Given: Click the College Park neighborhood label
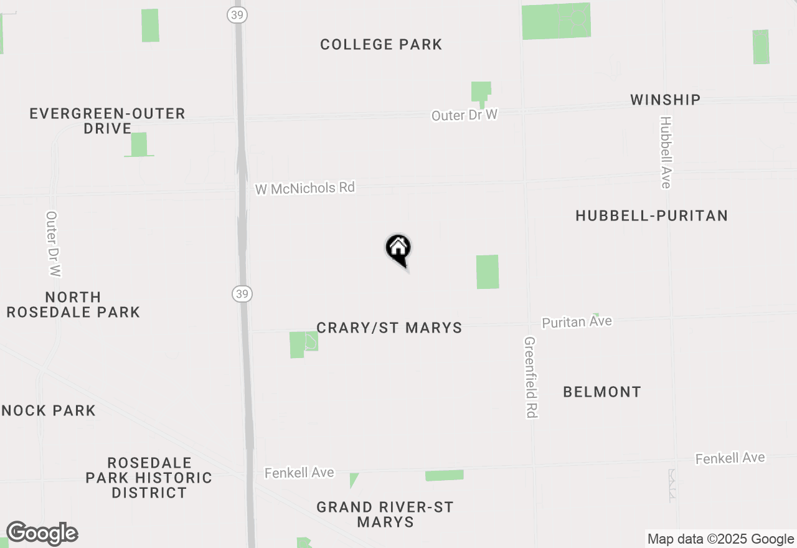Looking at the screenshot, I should click(x=381, y=45).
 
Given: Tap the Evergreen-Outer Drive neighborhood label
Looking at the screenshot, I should click(x=107, y=121).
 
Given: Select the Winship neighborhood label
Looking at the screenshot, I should click(x=665, y=100).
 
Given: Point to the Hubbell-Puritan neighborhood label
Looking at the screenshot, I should click(x=651, y=216).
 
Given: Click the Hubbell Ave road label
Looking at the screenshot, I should click(x=666, y=152).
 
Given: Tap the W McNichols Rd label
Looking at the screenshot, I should click(x=304, y=188).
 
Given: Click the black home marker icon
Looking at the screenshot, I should click(x=398, y=249).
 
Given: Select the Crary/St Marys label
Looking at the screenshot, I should click(x=389, y=328).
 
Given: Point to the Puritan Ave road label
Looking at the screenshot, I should click(x=577, y=322).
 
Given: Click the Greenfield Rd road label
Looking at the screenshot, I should click(x=531, y=377).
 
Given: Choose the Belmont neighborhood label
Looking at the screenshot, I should click(x=601, y=392).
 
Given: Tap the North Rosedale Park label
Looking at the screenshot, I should click(x=73, y=305).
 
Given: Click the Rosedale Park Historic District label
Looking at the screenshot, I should click(x=149, y=478).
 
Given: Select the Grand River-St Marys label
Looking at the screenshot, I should click(x=385, y=514).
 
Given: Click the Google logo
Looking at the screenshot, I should click(x=42, y=534).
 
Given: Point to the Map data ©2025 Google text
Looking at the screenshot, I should click(x=720, y=539).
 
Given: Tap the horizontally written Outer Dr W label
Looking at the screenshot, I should click(x=465, y=115).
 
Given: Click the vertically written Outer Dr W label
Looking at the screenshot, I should click(x=53, y=244).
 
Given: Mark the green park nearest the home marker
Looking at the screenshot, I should click(x=488, y=272).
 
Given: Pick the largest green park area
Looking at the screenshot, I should click(x=555, y=21).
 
